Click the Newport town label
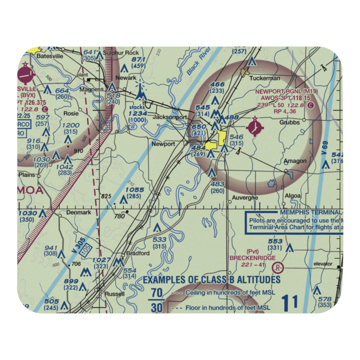pyautogui.click(x=163, y=144)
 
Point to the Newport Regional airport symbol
pyautogui.click(x=255, y=126)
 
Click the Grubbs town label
pyautogui.click(x=289, y=122)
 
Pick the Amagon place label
pyautogui.click(x=295, y=161)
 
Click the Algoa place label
pyautogui.click(x=293, y=195)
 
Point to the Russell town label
pyautogui.click(x=114, y=294)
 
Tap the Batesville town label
pyautogui.click(x=49, y=57)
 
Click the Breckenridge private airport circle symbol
pyautogui.click(x=278, y=267)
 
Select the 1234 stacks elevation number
pyautogui.click(x=138, y=113)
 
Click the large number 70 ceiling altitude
pyautogui.click(x=156, y=292)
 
